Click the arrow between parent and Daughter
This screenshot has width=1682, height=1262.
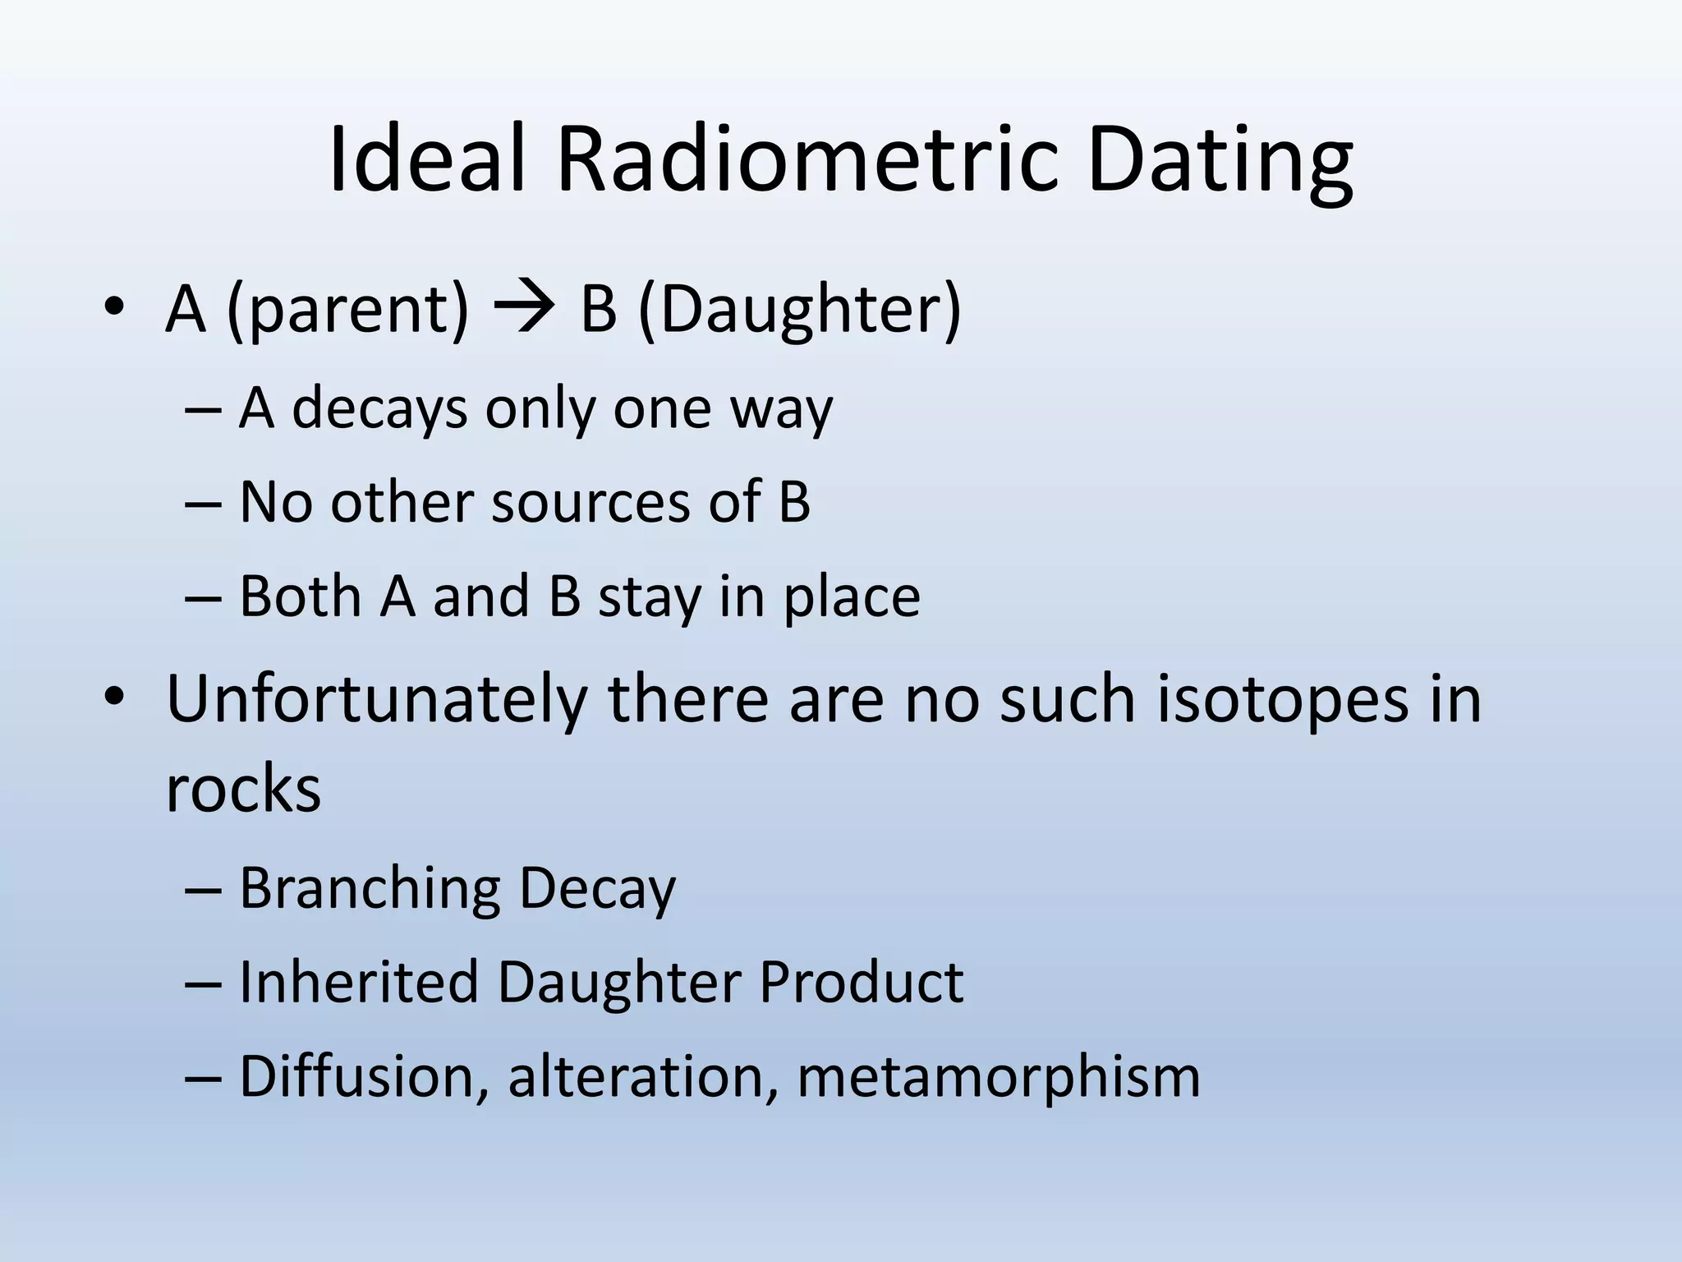524,310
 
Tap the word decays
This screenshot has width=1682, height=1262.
379,408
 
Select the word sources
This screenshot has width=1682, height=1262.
591,501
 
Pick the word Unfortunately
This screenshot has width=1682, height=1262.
376,698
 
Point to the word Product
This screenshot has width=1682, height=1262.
860,982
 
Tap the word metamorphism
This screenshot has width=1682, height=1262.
998,1076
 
